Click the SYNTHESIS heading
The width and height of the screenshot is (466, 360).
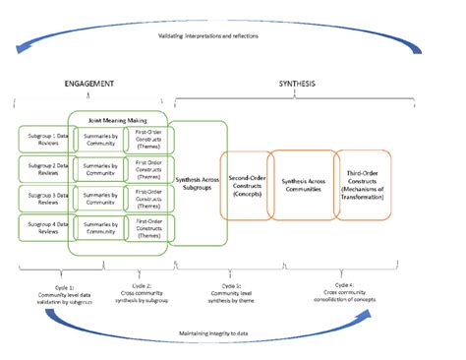tap(296, 85)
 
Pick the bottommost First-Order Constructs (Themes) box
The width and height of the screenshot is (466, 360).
tap(149, 229)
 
